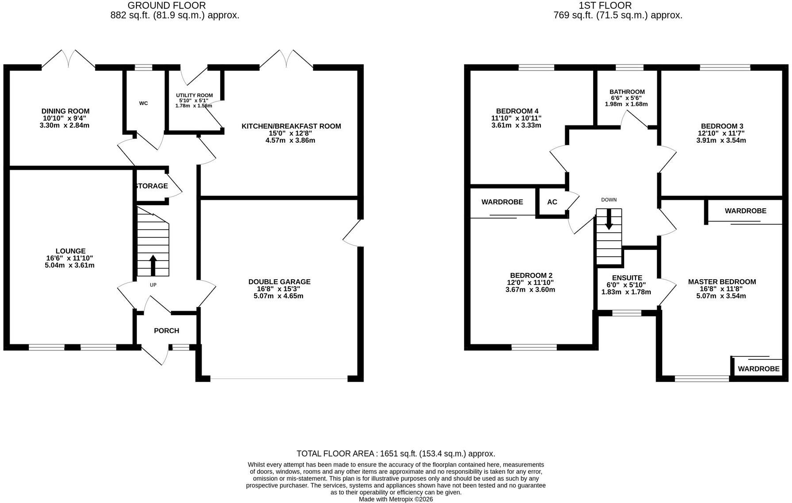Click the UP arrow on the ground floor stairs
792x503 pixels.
(153, 265)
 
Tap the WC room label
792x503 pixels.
(144, 103)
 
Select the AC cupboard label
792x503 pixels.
(552, 202)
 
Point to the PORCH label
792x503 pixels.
(167, 331)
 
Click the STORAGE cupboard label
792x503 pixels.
(151, 186)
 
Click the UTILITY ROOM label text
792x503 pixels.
(194, 95)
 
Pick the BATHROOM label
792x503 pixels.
(627, 92)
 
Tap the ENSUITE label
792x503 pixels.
(627, 278)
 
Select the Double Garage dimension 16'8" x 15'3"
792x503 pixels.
(279, 289)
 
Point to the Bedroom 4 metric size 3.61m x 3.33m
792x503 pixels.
(516, 125)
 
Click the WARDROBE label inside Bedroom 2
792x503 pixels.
(502, 202)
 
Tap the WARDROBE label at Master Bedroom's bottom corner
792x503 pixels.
(758, 369)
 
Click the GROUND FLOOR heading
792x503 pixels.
(167, 6)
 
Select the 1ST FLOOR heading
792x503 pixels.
(605, 6)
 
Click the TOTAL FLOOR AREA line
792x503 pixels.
(396, 454)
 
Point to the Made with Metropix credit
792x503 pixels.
(396, 499)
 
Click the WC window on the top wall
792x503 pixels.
(143, 68)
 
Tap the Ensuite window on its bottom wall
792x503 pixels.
(627, 313)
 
